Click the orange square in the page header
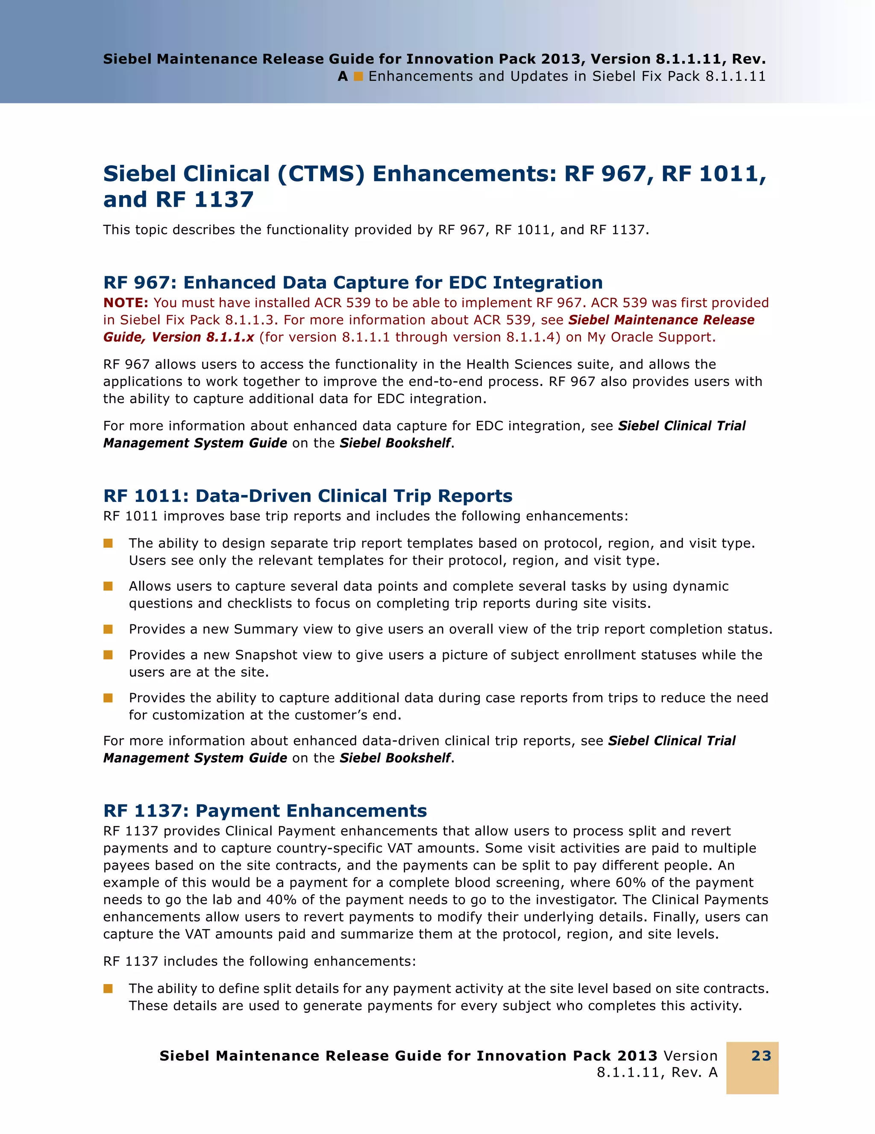pos(358,76)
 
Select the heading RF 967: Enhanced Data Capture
pos(352,282)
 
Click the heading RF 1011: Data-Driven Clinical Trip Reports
pos(308,496)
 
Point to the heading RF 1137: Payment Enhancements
pos(265,811)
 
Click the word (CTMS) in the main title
pos(321,174)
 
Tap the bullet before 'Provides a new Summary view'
pos(108,629)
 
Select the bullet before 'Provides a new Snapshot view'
pos(108,655)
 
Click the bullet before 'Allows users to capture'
pos(108,586)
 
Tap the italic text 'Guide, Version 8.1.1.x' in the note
pos(179,337)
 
